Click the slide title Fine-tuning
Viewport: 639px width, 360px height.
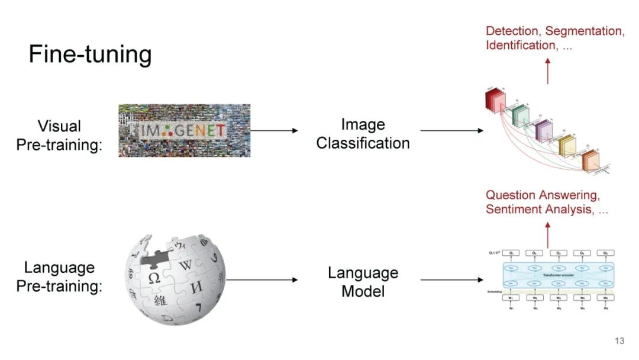coord(90,55)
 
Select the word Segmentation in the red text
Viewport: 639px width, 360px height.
coord(585,31)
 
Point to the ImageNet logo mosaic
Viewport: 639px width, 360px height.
coord(184,130)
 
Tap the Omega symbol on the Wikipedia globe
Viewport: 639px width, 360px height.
coord(154,277)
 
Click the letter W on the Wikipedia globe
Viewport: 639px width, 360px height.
coord(186,264)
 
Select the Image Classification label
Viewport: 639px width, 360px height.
coord(363,134)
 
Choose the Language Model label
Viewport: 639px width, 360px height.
coord(363,282)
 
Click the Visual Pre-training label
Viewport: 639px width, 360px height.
coord(59,135)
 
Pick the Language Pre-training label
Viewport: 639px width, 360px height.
coord(59,277)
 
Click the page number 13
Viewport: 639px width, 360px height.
coord(619,341)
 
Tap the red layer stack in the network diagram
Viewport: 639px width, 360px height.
coord(493,99)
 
